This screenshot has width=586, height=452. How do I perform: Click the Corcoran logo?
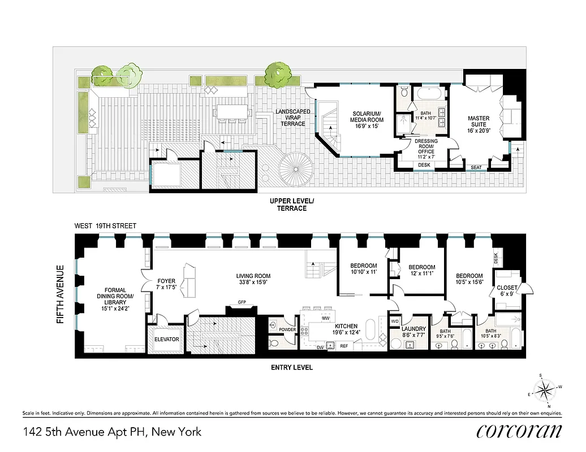[519, 432]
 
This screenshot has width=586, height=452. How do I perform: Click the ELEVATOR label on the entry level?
[167, 340]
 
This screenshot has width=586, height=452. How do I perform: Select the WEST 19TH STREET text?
[105, 226]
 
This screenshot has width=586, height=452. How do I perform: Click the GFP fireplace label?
[242, 302]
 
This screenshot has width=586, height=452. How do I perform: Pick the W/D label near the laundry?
[395, 322]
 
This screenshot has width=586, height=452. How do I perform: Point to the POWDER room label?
[287, 330]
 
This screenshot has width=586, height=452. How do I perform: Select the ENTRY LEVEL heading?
[291, 367]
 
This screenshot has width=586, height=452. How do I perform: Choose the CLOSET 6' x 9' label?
[507, 290]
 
